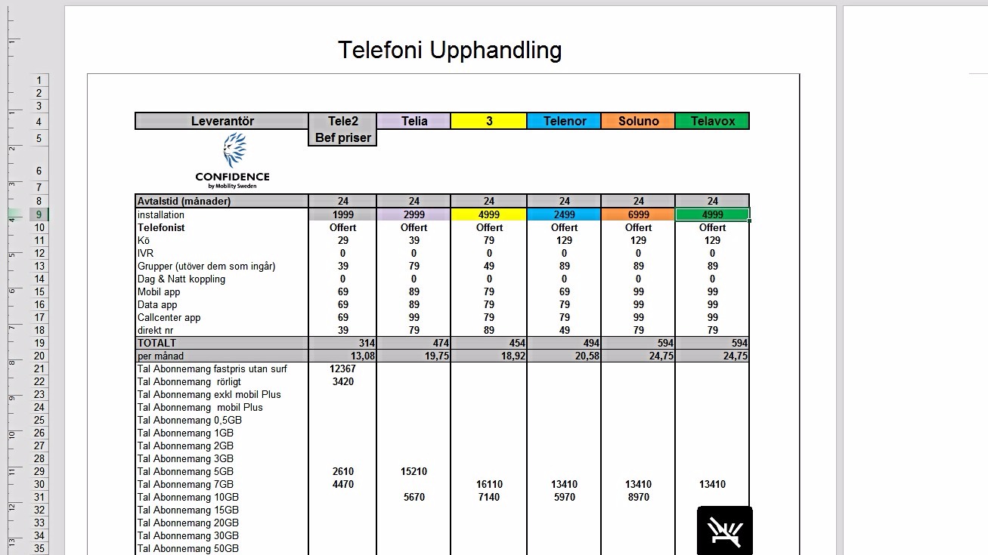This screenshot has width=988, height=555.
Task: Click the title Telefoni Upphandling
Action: [449, 50]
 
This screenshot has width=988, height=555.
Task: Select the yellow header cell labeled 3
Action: [488, 121]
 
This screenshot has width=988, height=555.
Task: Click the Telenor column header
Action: [564, 121]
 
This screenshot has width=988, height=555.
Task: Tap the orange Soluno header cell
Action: [638, 121]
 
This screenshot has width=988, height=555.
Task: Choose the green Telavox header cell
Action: [712, 121]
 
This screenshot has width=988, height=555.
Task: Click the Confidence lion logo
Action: [233, 151]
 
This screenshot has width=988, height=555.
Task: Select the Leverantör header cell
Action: [222, 121]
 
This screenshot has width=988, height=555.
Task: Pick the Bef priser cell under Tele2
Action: [342, 138]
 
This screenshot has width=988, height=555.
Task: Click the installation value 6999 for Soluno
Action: [638, 215]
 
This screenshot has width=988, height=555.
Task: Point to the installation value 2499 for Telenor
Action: [564, 215]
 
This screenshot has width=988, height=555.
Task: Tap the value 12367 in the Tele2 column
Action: [342, 368]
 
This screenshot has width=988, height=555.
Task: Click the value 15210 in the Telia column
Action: [413, 471]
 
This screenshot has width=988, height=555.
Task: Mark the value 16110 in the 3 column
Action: [488, 484]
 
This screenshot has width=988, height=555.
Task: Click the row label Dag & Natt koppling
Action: [181, 279]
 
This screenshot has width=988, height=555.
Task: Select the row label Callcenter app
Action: [169, 317]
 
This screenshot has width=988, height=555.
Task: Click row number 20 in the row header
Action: [39, 356]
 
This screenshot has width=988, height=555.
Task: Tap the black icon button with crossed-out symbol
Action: [724, 531]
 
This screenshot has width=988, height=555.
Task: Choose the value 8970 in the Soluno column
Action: [638, 497]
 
